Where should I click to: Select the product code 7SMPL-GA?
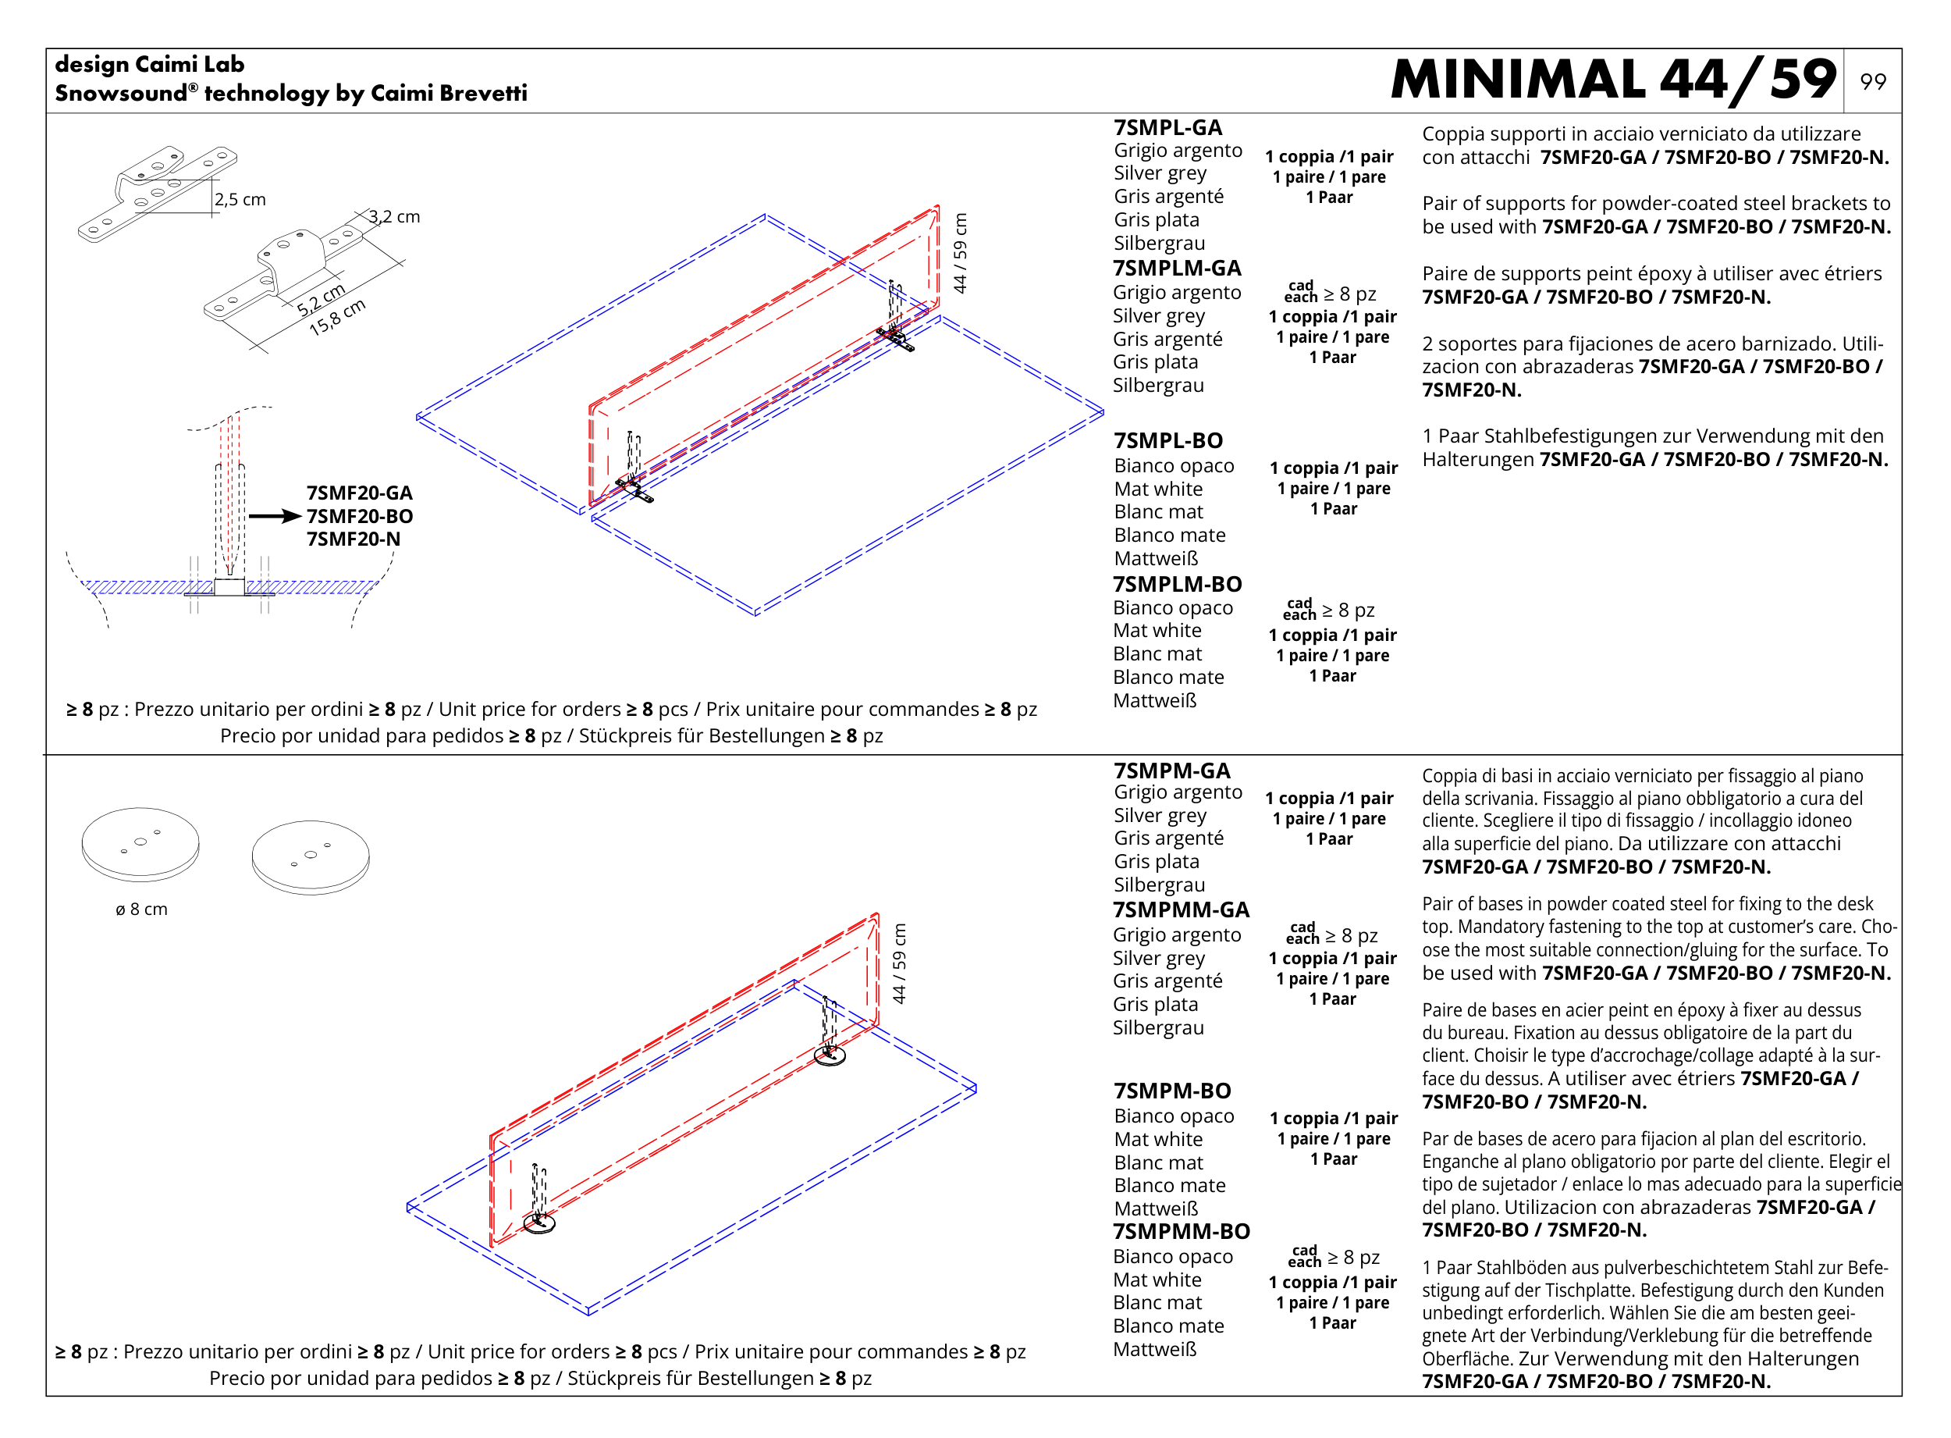pyautogui.click(x=1167, y=128)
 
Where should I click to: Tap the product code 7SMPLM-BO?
pyautogui.click(x=1177, y=584)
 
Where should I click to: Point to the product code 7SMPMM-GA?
pyautogui.click(x=1180, y=909)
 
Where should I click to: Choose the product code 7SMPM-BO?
pyautogui.click(x=1171, y=1091)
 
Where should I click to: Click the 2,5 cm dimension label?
pyautogui.click(x=240, y=199)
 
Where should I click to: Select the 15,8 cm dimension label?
pyautogui.click(x=337, y=318)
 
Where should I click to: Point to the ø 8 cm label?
pyautogui.click(x=141, y=909)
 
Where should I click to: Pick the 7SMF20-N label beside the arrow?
pyautogui.click(x=354, y=539)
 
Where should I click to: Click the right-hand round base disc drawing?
pyautogui.click(x=311, y=856)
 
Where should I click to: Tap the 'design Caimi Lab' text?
pyautogui.click(x=150, y=65)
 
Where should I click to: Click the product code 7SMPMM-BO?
pyautogui.click(x=1181, y=1232)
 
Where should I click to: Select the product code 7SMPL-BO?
pyautogui.click(x=1167, y=440)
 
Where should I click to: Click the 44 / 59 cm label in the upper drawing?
pyautogui.click(x=960, y=253)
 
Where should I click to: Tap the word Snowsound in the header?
pyautogui.click(x=121, y=93)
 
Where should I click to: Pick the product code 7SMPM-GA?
pyautogui.click(x=1171, y=771)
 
